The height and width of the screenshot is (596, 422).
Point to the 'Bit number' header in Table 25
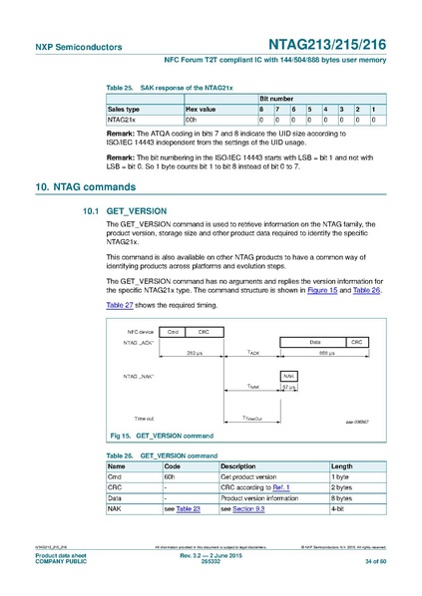pos(276,99)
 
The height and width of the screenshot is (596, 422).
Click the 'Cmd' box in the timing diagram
pos(173,331)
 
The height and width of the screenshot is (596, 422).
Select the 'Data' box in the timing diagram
pos(315,341)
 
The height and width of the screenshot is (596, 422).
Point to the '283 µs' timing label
pos(196,353)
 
